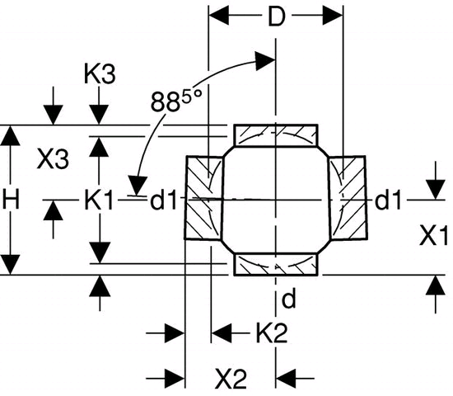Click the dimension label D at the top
point(277,16)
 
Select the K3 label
point(100,74)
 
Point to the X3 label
point(54,158)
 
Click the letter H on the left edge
point(11,200)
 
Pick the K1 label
point(99,200)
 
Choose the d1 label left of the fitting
point(163,200)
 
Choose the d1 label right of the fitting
point(388,200)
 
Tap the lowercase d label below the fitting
point(288,299)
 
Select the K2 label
point(272,333)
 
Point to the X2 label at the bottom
point(231,379)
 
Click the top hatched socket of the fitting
point(276,136)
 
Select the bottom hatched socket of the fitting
point(276,265)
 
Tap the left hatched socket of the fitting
point(204,198)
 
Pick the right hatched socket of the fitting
point(348,198)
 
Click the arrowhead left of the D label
point(219,15)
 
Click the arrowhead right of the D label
point(333,15)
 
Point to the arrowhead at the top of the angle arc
point(264,61)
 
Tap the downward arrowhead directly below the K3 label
point(99,115)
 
